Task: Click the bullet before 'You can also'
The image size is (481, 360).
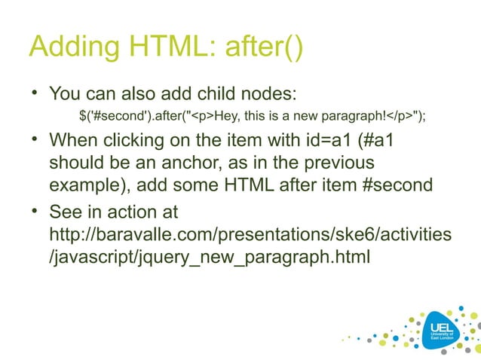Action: click(x=34, y=94)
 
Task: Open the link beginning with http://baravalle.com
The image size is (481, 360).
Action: click(x=250, y=236)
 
